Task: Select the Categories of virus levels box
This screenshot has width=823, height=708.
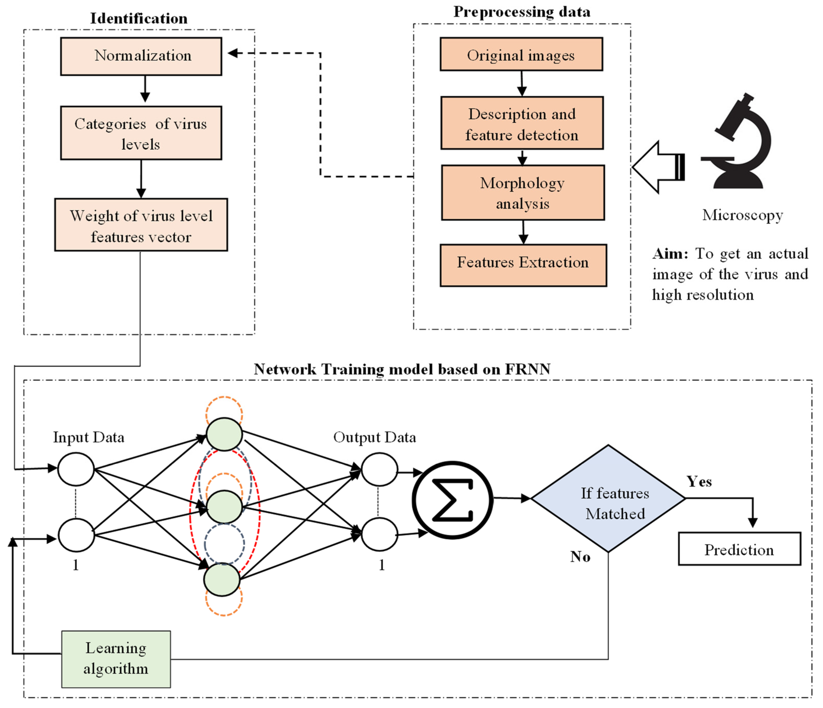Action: (x=141, y=133)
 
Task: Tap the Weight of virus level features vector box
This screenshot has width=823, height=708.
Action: (x=141, y=225)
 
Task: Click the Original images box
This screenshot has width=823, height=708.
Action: (x=521, y=54)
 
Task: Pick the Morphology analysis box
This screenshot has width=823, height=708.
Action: (x=523, y=193)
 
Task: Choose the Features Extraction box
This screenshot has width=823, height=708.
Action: (x=523, y=265)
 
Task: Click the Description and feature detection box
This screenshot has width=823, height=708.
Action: (x=522, y=123)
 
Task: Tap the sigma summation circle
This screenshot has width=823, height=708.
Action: (x=453, y=500)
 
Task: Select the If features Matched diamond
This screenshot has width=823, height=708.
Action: (x=608, y=499)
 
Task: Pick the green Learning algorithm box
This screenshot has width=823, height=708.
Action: (x=116, y=659)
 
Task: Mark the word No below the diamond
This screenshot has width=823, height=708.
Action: (x=580, y=557)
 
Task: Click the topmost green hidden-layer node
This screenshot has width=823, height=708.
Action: (x=224, y=434)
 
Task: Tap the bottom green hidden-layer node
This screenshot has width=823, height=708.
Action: (x=222, y=580)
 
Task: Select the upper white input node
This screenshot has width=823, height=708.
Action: (x=76, y=469)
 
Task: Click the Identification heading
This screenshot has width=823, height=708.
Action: (x=139, y=18)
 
